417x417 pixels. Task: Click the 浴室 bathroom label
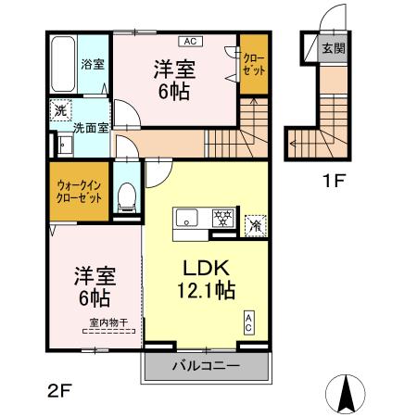92,65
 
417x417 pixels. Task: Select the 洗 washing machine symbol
58,108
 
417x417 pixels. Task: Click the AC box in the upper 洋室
189,43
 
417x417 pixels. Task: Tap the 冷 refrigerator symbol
255,222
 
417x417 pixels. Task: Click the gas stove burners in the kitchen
221,219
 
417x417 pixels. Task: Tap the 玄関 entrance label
333,49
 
